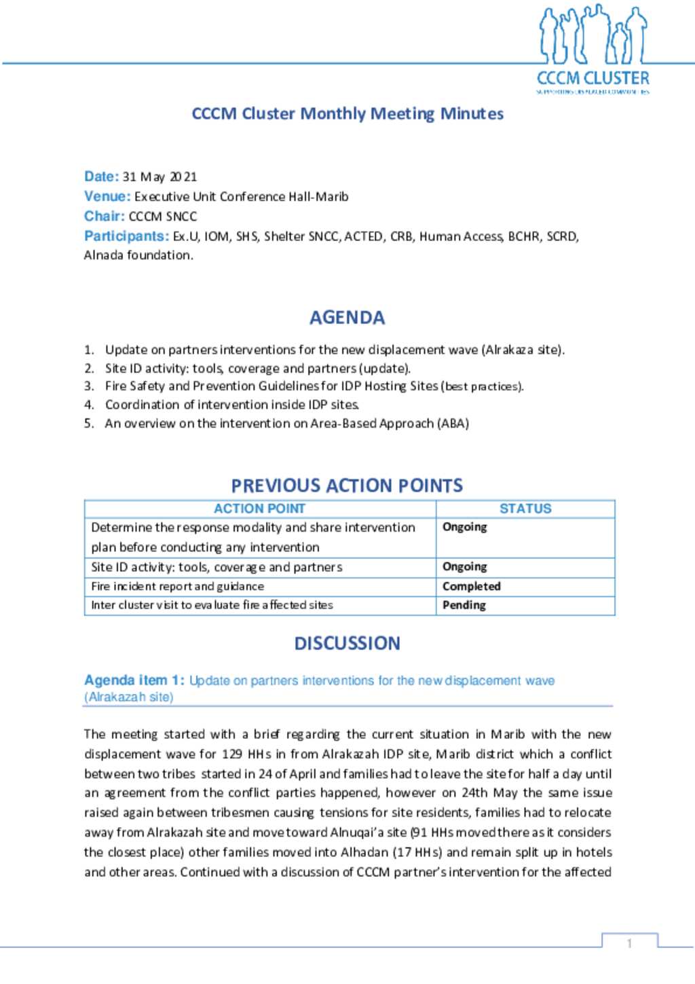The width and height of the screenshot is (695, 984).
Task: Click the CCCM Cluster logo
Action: pyautogui.click(x=593, y=49)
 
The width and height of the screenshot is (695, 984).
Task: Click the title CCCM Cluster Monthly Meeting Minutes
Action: pyautogui.click(x=347, y=113)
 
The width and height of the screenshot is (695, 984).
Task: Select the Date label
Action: pyautogui.click(x=101, y=177)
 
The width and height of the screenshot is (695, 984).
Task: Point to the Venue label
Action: pyautogui.click(x=107, y=196)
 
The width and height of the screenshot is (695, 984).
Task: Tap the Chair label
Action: pyautogui.click(x=104, y=216)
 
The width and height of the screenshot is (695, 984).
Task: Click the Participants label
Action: pyautogui.click(x=126, y=236)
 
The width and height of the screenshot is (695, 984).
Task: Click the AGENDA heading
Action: pyautogui.click(x=347, y=317)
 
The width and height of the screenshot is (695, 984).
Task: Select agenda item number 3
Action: pyautogui.click(x=89, y=386)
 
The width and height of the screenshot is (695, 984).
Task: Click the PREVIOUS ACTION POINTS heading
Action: pyautogui.click(x=347, y=486)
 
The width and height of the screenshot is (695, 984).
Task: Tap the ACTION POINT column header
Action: pyautogui.click(x=259, y=509)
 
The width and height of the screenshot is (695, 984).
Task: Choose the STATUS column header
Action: pyautogui.click(x=525, y=509)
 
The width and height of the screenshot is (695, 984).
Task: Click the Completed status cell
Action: pyautogui.click(x=472, y=586)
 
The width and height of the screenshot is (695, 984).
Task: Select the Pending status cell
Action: pyautogui.click(x=464, y=605)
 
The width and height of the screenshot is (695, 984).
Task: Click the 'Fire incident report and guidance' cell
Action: pyautogui.click(x=178, y=586)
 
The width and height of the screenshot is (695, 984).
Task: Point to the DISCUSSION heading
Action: pyautogui.click(x=347, y=643)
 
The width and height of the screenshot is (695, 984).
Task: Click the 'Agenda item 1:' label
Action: pyautogui.click(x=134, y=680)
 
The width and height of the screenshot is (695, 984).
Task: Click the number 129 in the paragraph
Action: pyautogui.click(x=232, y=754)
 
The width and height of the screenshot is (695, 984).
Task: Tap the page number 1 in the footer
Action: pyautogui.click(x=630, y=943)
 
